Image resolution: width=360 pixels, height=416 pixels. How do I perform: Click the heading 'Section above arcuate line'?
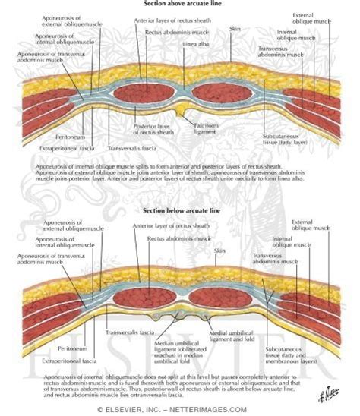(179, 5)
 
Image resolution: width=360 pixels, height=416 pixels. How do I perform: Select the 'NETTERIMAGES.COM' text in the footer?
(220, 410)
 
